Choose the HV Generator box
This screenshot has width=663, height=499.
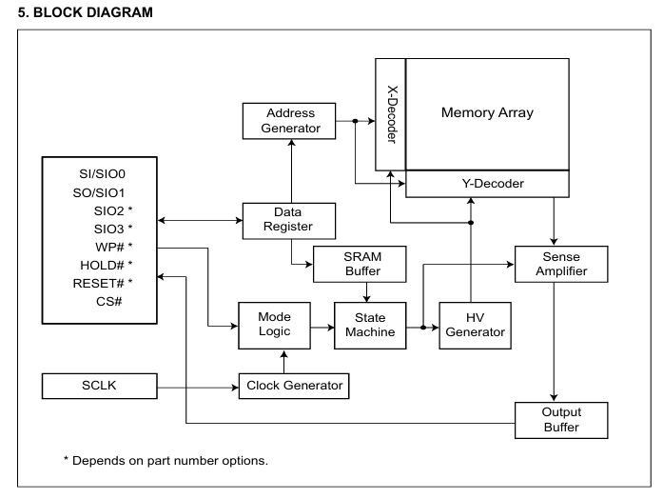pos(475,325)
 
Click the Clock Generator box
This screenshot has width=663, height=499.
pos(292,386)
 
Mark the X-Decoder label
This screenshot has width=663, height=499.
pos(390,115)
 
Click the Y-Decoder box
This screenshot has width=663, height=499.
pos(488,183)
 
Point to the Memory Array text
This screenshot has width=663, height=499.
pos(487,112)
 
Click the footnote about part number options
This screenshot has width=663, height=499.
pos(166,461)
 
